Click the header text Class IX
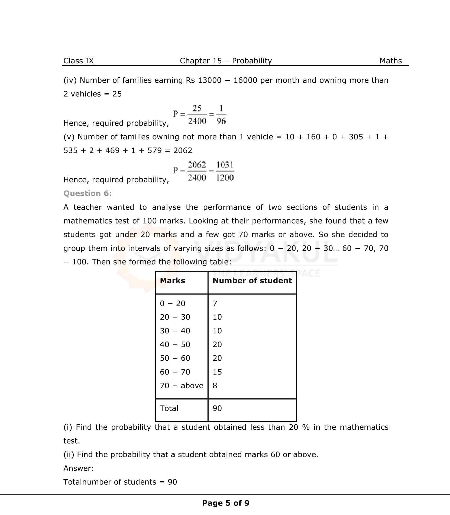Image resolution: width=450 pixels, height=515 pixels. [78, 61]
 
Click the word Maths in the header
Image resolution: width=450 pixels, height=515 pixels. [390, 61]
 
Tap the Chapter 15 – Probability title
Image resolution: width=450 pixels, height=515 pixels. [226, 61]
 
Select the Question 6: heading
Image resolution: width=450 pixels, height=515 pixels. [87, 193]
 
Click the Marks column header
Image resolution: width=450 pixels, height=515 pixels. [172, 281]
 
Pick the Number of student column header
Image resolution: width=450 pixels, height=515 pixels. [252, 281]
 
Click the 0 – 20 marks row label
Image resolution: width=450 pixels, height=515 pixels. [172, 303]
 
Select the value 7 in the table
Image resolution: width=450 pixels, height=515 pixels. [215, 303]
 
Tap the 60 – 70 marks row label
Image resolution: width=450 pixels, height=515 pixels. [175, 372]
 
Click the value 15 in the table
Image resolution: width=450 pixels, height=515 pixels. [217, 372]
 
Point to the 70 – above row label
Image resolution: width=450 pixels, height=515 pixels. [181, 385]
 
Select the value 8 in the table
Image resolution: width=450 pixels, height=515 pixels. [215, 385]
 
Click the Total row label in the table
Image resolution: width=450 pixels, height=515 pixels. [169, 408]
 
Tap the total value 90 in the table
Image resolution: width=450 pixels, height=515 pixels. [217, 408]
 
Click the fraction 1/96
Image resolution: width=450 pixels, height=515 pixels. [221, 115]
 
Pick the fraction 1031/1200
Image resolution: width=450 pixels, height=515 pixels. [225, 171]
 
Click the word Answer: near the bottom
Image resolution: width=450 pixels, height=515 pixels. [79, 468]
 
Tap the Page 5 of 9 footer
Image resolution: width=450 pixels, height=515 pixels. [225, 503]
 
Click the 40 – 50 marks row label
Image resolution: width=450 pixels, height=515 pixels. [175, 345]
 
